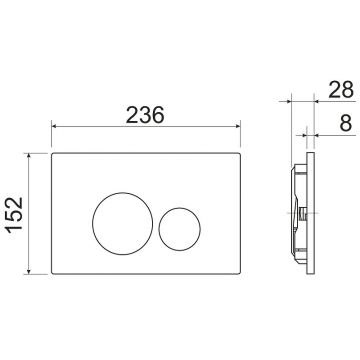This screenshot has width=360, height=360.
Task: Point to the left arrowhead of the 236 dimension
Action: [x=55, y=127]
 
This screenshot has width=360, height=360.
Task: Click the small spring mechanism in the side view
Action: [x=301, y=212]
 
